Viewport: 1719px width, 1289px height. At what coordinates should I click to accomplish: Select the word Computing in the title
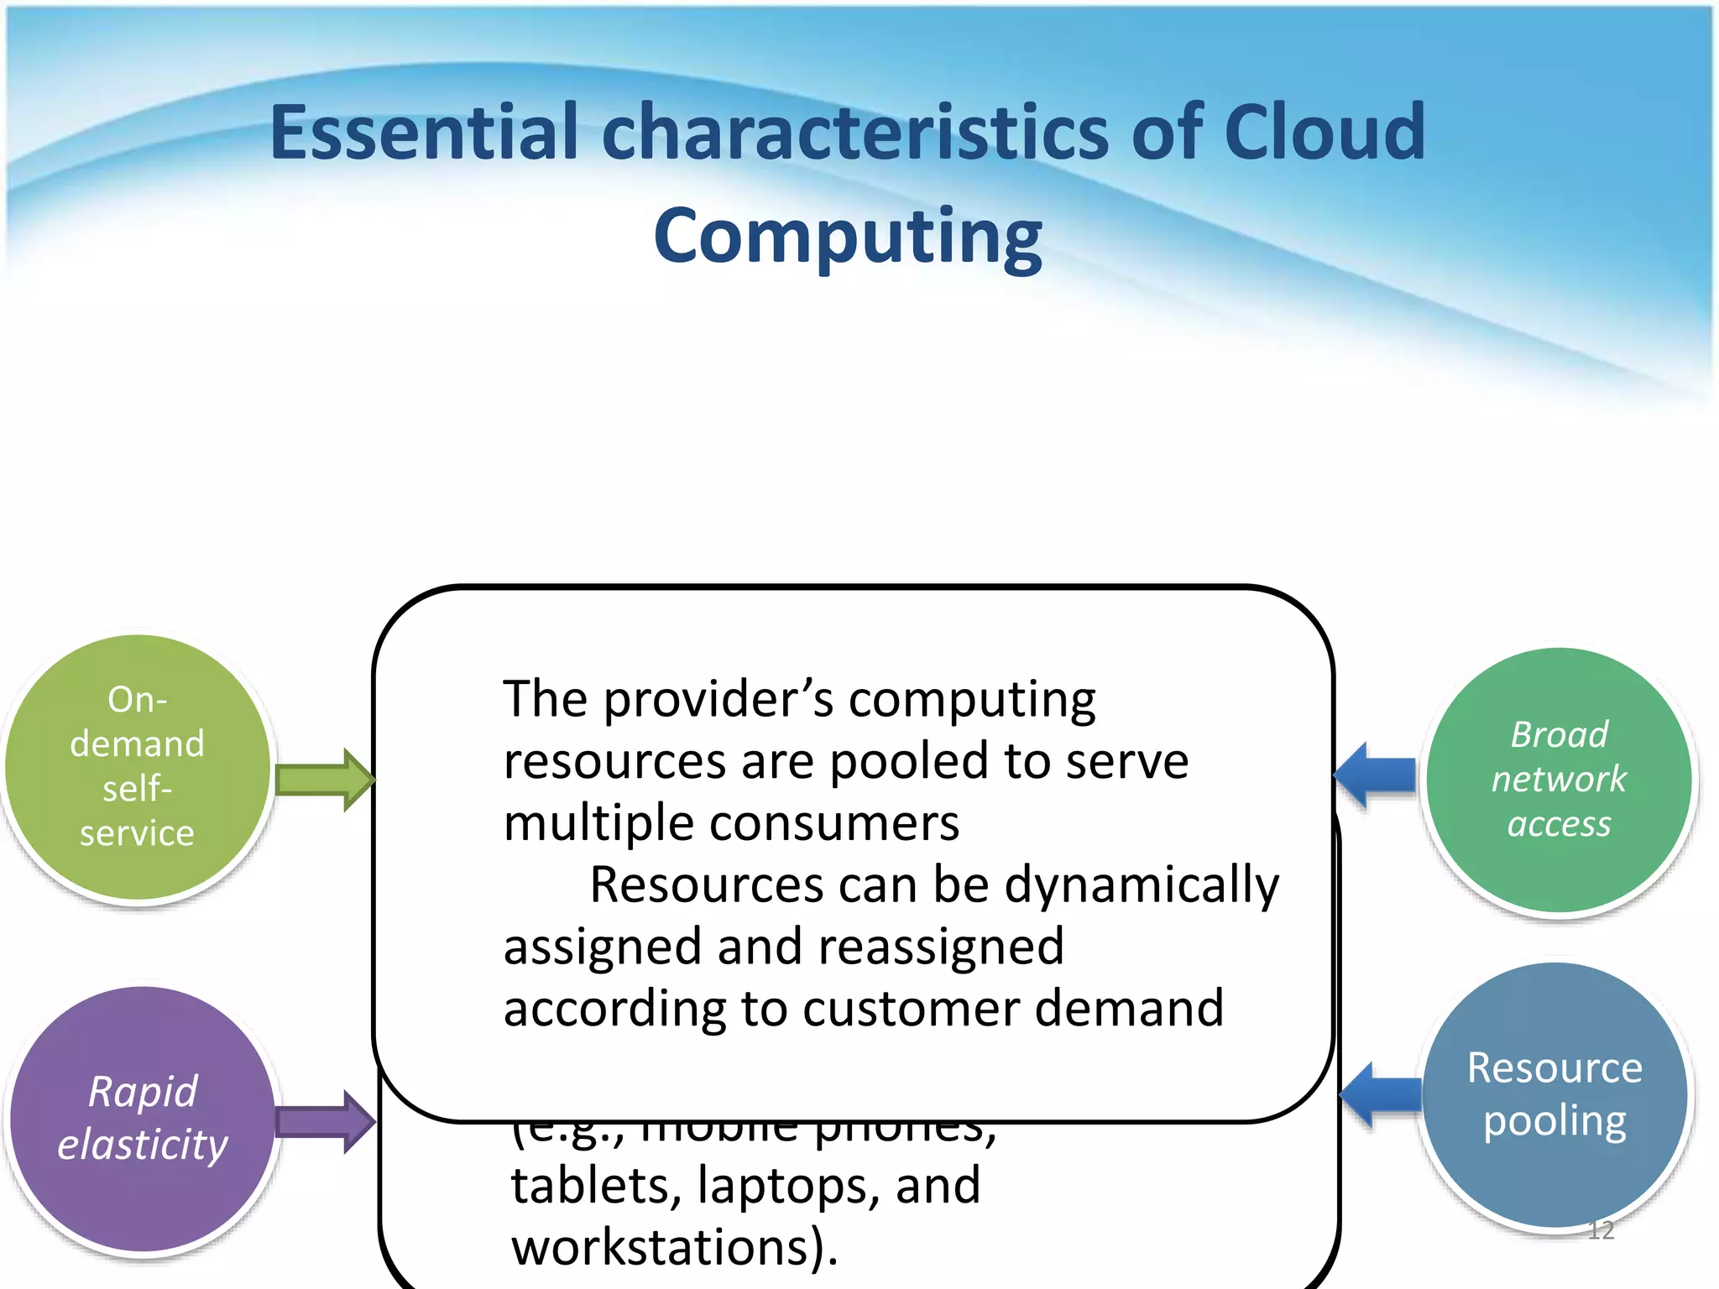848,237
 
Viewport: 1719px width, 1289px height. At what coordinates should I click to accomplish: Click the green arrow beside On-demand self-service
323,780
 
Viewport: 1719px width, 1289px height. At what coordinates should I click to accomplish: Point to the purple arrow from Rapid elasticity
323,1121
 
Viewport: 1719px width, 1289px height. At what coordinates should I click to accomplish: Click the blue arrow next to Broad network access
1377,775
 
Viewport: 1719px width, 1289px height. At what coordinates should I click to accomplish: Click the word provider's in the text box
718,699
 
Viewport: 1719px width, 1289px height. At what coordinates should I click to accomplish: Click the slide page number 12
1601,1230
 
